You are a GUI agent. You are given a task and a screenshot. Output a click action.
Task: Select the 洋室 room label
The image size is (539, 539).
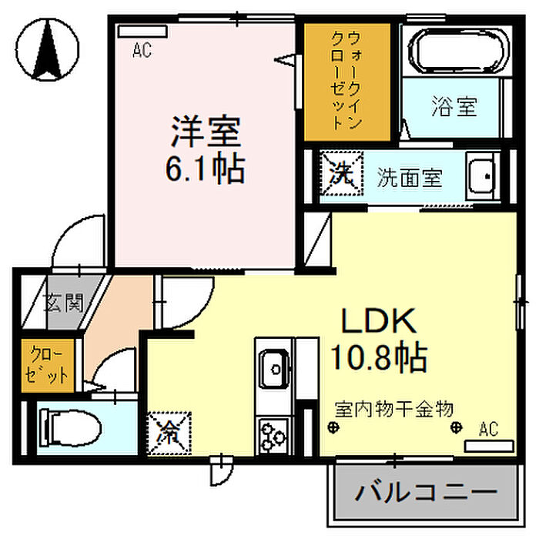(x=206, y=132)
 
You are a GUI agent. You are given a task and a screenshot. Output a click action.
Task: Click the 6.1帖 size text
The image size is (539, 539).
(x=206, y=169)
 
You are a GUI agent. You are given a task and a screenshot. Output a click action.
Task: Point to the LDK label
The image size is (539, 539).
(x=378, y=320)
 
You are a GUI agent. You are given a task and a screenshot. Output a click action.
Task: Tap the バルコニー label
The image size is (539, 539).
(x=427, y=492)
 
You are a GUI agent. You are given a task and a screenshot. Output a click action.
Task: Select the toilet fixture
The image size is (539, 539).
(x=71, y=428)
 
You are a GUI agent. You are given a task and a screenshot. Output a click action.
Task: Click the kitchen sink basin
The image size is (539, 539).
(x=274, y=369)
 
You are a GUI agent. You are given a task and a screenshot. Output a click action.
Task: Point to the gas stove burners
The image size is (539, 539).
(x=273, y=436)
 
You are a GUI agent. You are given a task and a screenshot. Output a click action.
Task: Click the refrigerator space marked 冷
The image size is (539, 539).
(x=169, y=434)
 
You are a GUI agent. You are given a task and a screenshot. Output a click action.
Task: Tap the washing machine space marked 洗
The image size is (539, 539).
(x=342, y=173)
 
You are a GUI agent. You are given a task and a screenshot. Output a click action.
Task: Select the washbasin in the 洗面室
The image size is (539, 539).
(x=483, y=176)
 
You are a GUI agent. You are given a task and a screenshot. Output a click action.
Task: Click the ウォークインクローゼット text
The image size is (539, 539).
(x=346, y=80)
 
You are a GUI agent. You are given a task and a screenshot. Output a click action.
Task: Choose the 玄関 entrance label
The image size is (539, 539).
(x=65, y=303)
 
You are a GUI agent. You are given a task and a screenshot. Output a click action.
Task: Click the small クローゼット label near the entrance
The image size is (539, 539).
(x=46, y=366)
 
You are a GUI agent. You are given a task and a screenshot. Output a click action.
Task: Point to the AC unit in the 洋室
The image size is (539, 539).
(x=142, y=32)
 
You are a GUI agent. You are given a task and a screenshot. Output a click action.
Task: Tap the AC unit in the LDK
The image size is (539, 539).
(x=489, y=446)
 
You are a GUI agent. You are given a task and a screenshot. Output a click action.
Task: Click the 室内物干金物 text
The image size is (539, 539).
(x=394, y=409)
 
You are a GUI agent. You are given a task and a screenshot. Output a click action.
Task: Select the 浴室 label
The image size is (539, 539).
(x=454, y=106)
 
